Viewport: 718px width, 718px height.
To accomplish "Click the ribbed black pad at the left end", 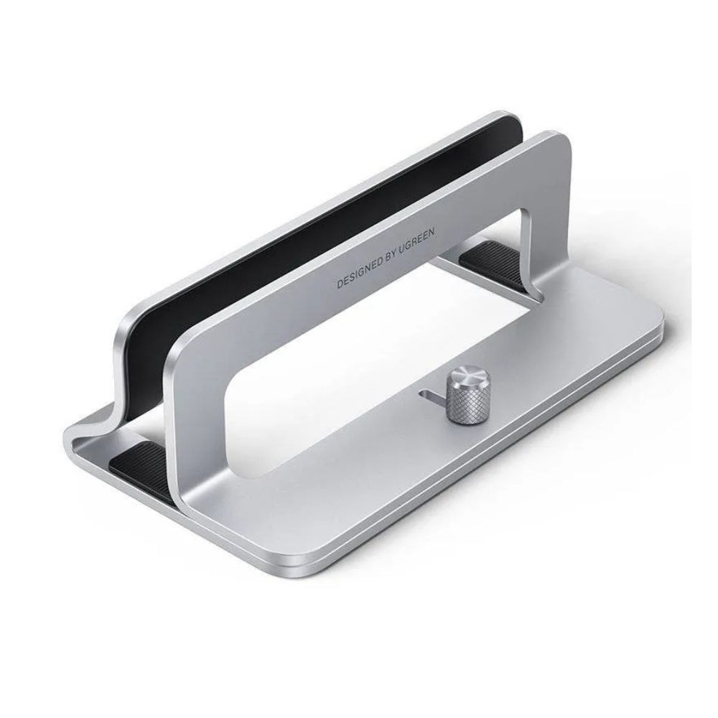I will point(144,457).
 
